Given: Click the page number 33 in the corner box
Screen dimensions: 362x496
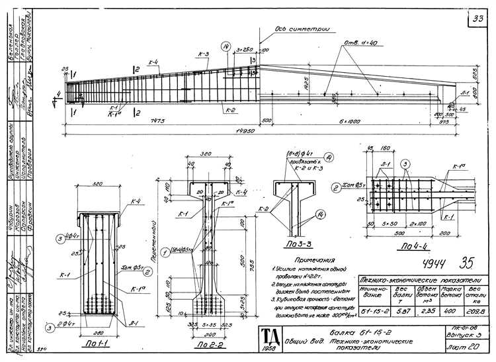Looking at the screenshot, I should [477, 18].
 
